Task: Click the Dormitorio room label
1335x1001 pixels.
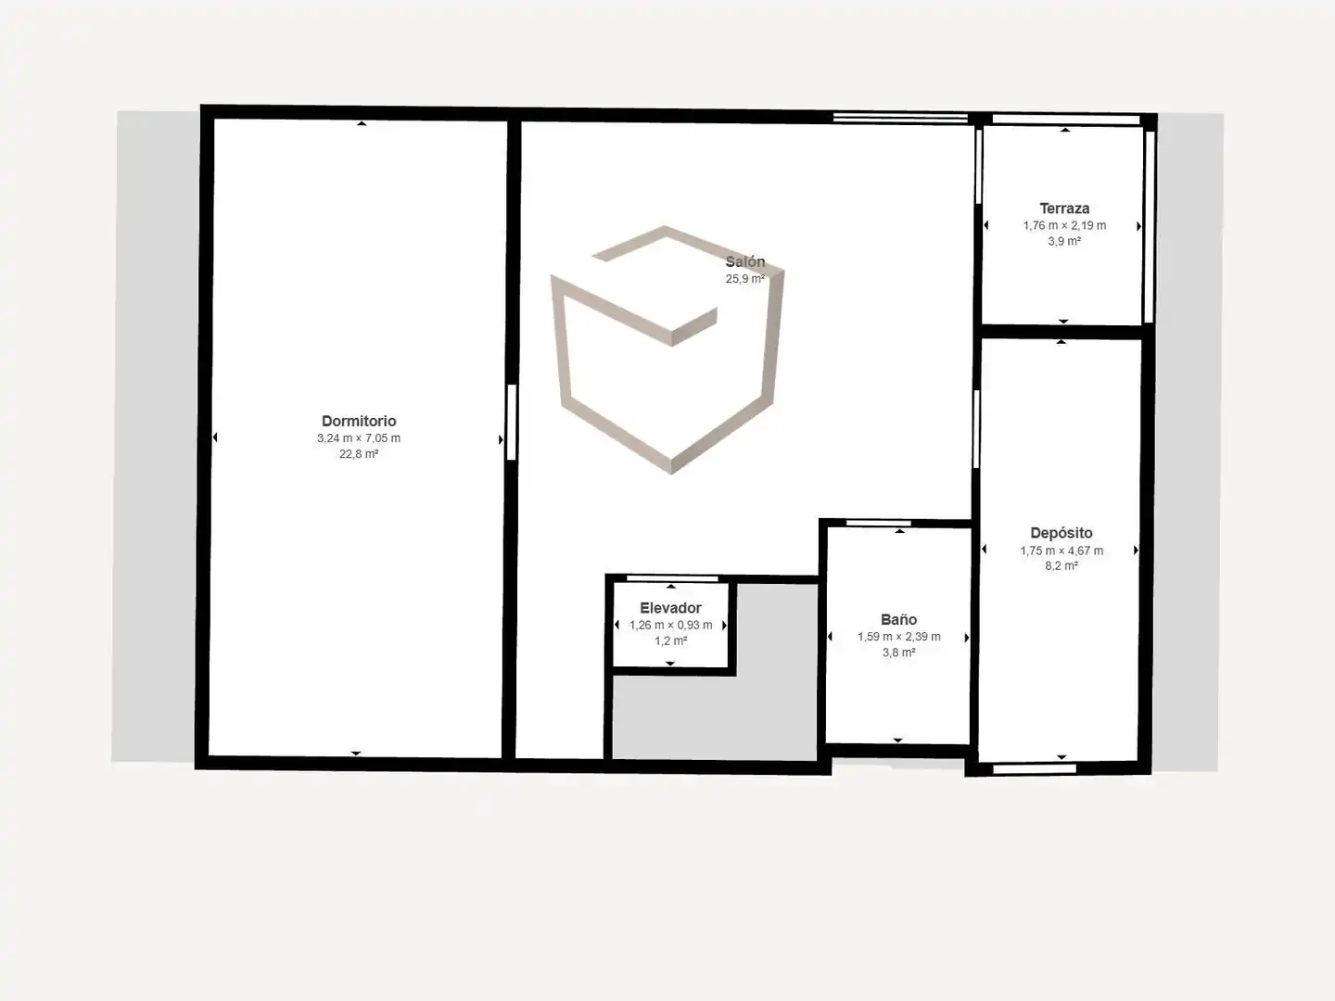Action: pyautogui.click(x=359, y=421)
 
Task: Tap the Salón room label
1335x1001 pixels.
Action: pyautogui.click(x=745, y=262)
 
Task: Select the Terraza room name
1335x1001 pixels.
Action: pyautogui.click(x=1064, y=209)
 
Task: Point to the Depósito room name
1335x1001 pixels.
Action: pyautogui.click(x=1062, y=533)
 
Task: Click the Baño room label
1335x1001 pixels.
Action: pyautogui.click(x=899, y=619)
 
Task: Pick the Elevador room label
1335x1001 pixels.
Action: pyautogui.click(x=671, y=608)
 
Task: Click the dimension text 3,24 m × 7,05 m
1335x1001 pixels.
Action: pyautogui.click(x=359, y=438)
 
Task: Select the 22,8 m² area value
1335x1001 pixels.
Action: pyautogui.click(x=359, y=454)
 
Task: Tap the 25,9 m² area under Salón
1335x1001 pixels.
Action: pyautogui.click(x=745, y=279)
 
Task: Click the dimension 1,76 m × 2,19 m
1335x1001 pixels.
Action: pyautogui.click(x=1064, y=225)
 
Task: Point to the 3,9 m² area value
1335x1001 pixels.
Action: pyautogui.click(x=1064, y=241)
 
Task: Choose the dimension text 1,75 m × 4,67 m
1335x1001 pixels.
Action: pyautogui.click(x=1062, y=551)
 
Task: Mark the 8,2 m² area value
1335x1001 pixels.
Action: pyautogui.click(x=1062, y=565)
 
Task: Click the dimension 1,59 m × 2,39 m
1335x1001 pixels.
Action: pyautogui.click(x=899, y=637)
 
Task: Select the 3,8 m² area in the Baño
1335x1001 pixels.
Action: pyautogui.click(x=899, y=653)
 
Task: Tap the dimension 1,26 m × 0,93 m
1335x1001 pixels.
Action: pyautogui.click(x=671, y=625)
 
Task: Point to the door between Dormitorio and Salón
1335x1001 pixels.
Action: pyautogui.click(x=512, y=422)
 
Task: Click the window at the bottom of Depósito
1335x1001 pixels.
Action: pyautogui.click(x=1035, y=769)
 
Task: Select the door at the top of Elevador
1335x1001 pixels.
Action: pyautogui.click(x=672, y=578)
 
